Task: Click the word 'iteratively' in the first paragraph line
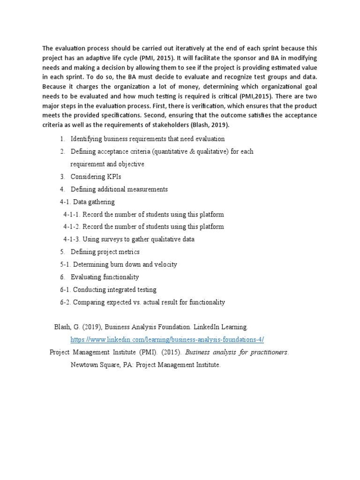[193, 48]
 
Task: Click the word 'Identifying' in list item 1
[86, 139]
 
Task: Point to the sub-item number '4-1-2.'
[72, 227]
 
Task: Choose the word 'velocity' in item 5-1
[165, 264]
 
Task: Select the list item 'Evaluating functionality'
[105, 277]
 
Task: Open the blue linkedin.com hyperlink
[170, 339]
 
